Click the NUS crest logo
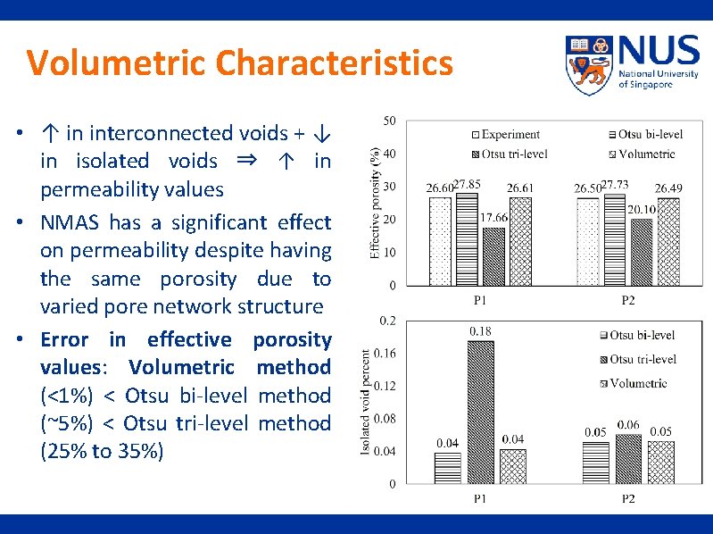[588, 65]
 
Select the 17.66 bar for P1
[493, 256]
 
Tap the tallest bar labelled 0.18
[480, 413]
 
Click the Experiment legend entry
[504, 135]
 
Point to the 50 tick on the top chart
[390, 121]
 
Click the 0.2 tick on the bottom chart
[388, 320]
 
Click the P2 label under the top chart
[627, 300]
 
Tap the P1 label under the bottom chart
[480, 498]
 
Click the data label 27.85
[467, 184]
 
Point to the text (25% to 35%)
[102, 451]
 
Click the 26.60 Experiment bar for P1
[440, 240]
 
